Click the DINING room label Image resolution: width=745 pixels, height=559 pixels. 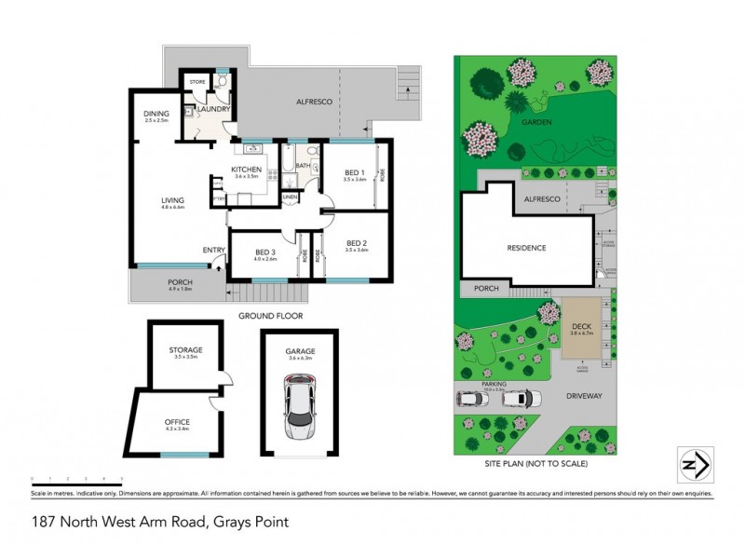[x=156, y=114]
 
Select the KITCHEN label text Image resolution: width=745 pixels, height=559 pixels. [x=249, y=170]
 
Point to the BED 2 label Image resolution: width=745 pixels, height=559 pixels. [x=356, y=243]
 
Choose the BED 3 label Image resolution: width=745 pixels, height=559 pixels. [x=265, y=253]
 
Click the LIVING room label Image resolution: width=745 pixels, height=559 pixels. [x=172, y=200]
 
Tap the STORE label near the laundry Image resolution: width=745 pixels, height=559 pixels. [x=197, y=82]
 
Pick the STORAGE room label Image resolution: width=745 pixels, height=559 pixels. [x=187, y=349]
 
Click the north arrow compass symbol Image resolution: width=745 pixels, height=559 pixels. [x=694, y=463]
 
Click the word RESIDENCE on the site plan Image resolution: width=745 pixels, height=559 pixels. [x=526, y=248]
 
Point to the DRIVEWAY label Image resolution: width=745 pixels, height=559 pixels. [x=584, y=396]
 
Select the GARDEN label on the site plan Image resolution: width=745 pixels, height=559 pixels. [x=537, y=122]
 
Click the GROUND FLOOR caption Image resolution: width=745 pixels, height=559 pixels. [x=270, y=316]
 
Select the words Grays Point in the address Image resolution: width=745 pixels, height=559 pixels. [x=250, y=523]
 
